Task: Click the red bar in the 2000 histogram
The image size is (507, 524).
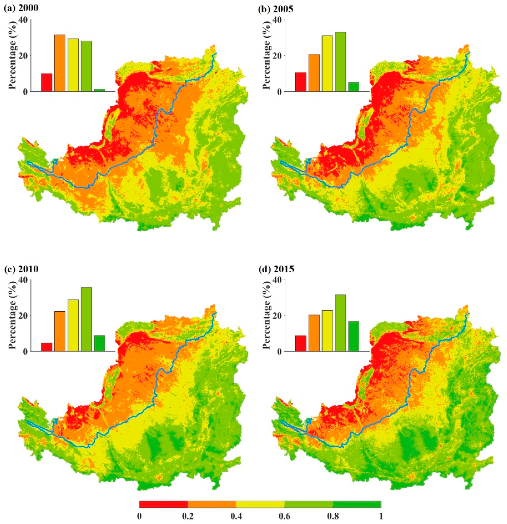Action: [x=46, y=82]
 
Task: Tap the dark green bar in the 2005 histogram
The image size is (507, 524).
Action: [x=353, y=87]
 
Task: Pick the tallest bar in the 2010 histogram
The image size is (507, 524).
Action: [x=86, y=319]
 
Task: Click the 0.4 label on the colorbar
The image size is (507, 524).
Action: [x=236, y=516]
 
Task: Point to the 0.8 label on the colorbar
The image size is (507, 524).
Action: [x=333, y=516]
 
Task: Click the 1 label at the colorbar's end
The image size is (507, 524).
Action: [x=381, y=516]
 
